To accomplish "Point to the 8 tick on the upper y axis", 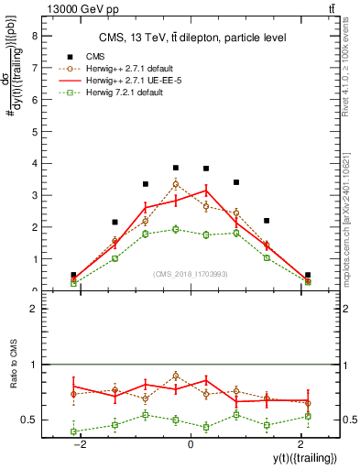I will point(34,37).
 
